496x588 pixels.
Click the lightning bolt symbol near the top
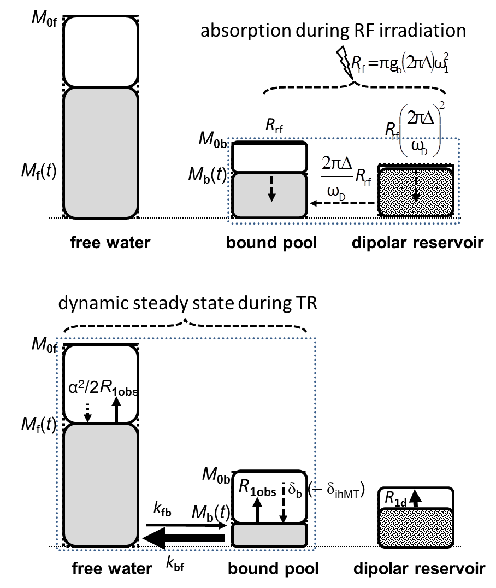point(345,60)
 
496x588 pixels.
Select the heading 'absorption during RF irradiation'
point(333,31)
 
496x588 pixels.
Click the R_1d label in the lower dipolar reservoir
point(394,497)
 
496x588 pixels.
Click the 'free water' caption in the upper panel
point(110,243)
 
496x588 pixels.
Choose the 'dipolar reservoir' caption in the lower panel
point(419,569)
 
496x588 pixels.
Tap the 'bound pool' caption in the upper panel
point(271,243)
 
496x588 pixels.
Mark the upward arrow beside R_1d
point(416,497)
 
